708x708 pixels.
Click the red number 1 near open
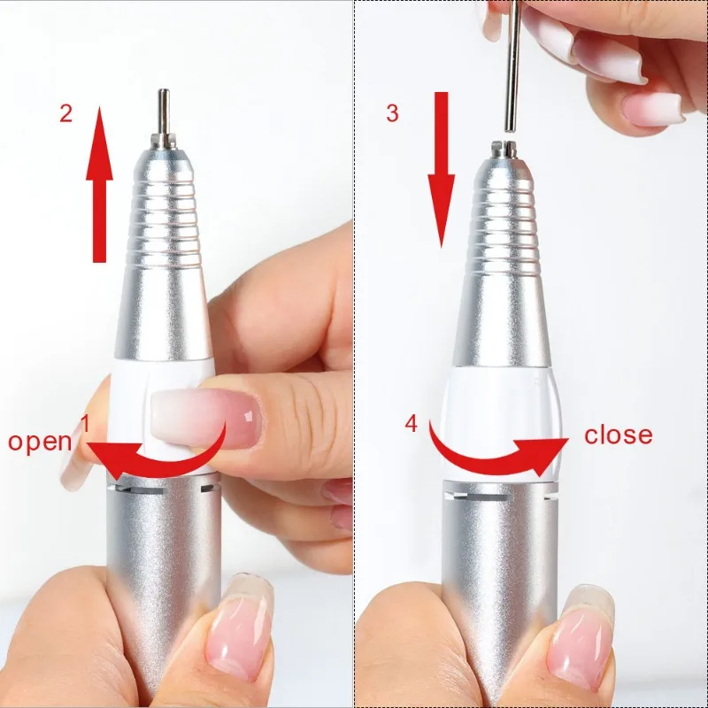click(x=86, y=424)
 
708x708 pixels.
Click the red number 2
click(x=66, y=114)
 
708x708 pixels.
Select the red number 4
click(x=411, y=424)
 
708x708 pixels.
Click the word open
click(x=40, y=441)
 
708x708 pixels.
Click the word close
click(x=618, y=435)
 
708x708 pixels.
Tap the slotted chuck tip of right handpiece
click(x=503, y=146)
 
